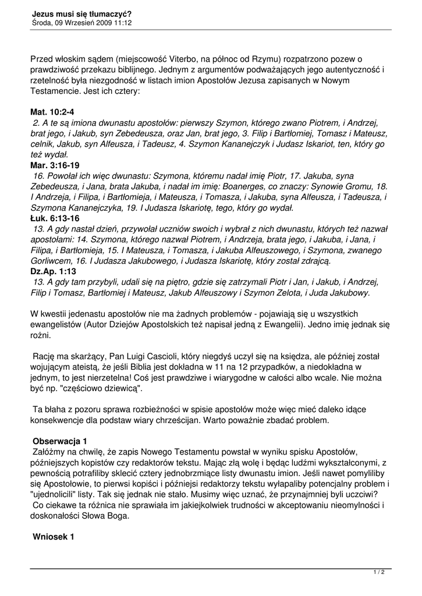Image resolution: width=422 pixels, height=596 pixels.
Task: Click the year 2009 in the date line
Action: click(109, 23)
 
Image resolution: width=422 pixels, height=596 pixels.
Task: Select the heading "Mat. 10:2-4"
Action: click(52, 112)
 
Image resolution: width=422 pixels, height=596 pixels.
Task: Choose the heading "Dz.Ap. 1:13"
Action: click(54, 271)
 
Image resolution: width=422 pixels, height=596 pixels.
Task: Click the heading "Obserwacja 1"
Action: click(61, 441)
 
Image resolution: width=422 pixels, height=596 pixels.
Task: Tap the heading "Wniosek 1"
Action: click(54, 537)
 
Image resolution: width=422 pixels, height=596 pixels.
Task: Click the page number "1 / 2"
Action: click(379, 573)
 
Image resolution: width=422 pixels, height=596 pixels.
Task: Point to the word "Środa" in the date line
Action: click(42, 23)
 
